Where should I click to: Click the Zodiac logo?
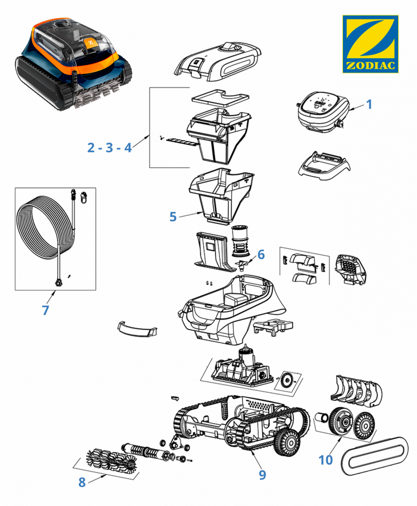point(370,44)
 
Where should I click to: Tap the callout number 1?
point(369,104)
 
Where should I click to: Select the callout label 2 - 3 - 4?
point(109,148)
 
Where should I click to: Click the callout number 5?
point(173,217)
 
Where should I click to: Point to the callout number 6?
point(261,254)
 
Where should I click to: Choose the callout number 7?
point(45,310)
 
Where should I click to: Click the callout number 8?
point(82,482)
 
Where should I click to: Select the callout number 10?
point(326,460)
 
